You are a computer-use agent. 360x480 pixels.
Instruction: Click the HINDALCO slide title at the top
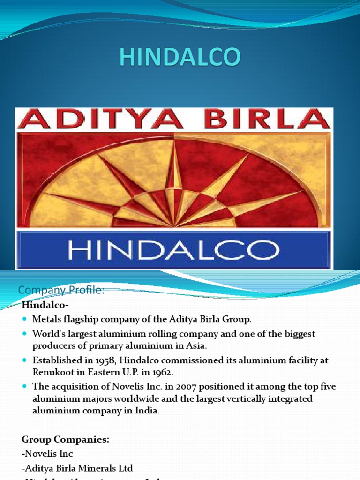pyautogui.click(x=180, y=57)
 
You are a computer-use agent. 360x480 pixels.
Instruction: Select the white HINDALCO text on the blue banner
pyautogui.click(x=173, y=250)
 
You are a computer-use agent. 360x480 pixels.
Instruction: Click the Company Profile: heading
pyautogui.click(x=61, y=291)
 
